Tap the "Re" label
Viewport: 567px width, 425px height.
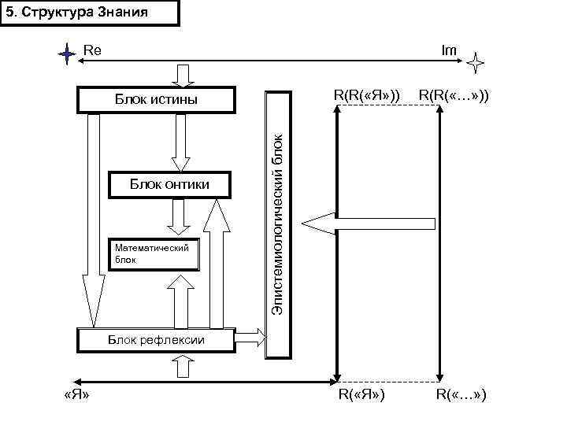[93, 50]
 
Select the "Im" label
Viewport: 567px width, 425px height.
[449, 50]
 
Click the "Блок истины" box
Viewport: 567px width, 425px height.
[156, 100]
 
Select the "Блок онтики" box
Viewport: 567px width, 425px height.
[169, 184]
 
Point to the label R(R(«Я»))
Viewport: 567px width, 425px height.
[366, 95]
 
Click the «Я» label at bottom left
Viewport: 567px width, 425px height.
[75, 394]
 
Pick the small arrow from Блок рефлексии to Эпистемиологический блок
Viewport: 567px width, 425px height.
[251, 338]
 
